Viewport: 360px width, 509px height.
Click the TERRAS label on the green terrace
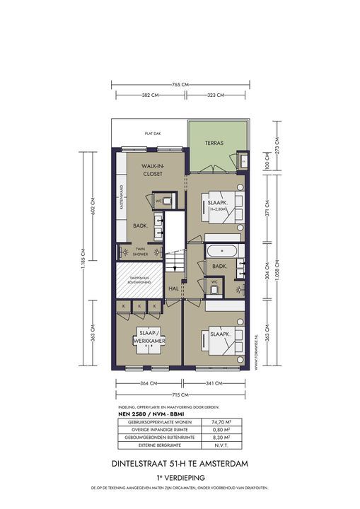(214, 143)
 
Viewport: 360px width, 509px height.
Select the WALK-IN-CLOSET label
(152, 169)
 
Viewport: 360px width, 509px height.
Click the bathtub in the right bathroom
(221, 250)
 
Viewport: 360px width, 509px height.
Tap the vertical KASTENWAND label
(122, 199)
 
